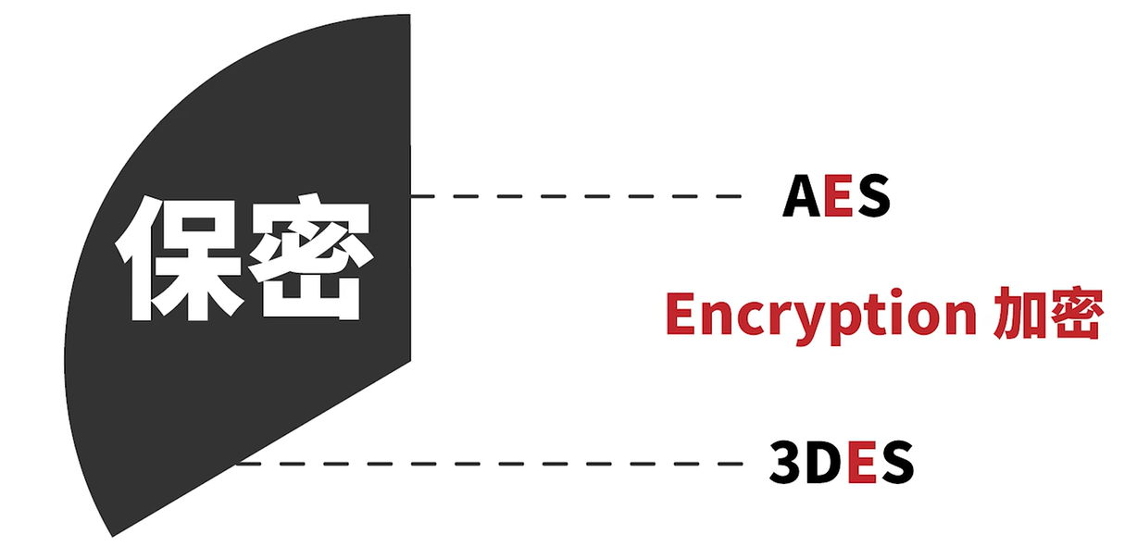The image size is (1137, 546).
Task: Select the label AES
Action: tap(835, 196)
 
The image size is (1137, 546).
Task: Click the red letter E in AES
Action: tap(837, 196)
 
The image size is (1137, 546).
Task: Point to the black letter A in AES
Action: tap(802, 196)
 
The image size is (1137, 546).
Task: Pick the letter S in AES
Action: tap(872, 196)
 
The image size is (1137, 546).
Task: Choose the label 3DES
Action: tap(841, 463)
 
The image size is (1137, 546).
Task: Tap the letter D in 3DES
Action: tap(823, 463)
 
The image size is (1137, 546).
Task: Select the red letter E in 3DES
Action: tap(861, 463)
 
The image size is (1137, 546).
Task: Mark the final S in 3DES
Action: tap(896, 463)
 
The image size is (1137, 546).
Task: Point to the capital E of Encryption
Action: tap(681, 315)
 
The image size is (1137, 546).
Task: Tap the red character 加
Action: tap(1017, 316)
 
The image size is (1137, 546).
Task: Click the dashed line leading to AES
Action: tap(574, 196)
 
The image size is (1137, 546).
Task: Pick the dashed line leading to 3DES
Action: tap(491, 463)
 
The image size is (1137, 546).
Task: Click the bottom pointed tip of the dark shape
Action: tap(113, 534)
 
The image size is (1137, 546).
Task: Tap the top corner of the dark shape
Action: tap(409, 17)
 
